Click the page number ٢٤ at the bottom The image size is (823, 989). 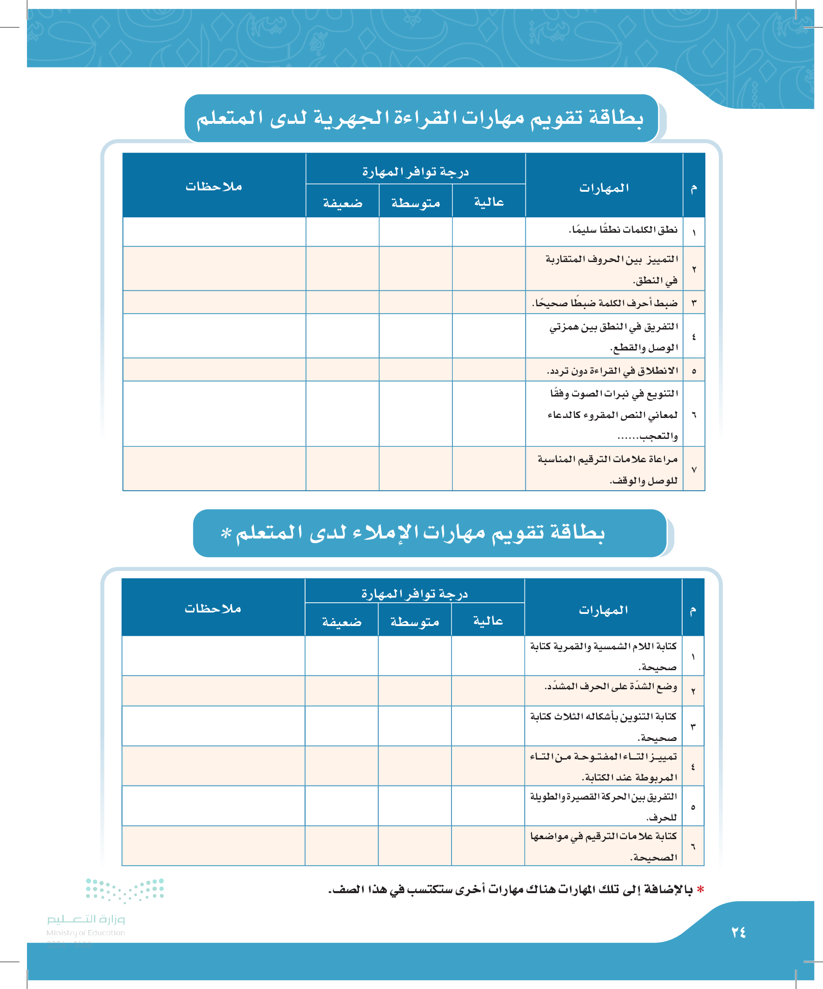(x=738, y=932)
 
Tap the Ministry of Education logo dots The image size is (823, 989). (x=125, y=889)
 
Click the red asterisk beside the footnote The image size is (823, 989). (x=701, y=889)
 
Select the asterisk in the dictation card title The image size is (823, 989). (x=226, y=532)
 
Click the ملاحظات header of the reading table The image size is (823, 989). (x=213, y=187)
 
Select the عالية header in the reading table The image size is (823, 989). (x=489, y=202)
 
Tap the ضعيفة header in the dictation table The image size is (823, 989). (x=342, y=622)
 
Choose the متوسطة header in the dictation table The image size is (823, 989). (x=415, y=622)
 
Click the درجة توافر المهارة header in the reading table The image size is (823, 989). (x=416, y=172)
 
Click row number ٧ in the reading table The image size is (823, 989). (x=694, y=470)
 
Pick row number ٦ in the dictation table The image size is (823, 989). (x=693, y=846)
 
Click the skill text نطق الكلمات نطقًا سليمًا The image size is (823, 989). (x=623, y=230)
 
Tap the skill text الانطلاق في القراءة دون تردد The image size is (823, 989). (x=612, y=370)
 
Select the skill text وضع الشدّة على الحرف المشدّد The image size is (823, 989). (x=611, y=686)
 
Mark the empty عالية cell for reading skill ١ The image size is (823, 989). (x=489, y=232)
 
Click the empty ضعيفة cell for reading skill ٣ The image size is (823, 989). (x=342, y=303)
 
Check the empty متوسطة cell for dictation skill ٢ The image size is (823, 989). (x=415, y=691)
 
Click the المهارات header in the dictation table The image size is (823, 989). (x=603, y=610)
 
